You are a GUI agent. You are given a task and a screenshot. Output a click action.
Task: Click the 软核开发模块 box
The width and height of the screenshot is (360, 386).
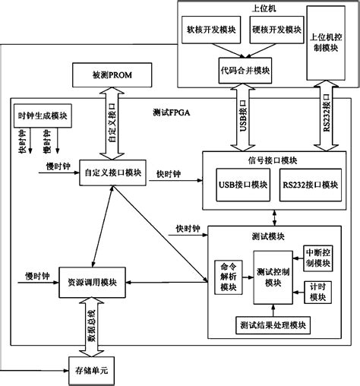[x=210, y=31]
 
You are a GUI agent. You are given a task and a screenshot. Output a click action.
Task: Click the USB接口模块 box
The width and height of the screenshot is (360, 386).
[x=242, y=185]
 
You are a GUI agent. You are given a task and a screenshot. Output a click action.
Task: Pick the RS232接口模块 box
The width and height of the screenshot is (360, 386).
[x=308, y=185]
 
